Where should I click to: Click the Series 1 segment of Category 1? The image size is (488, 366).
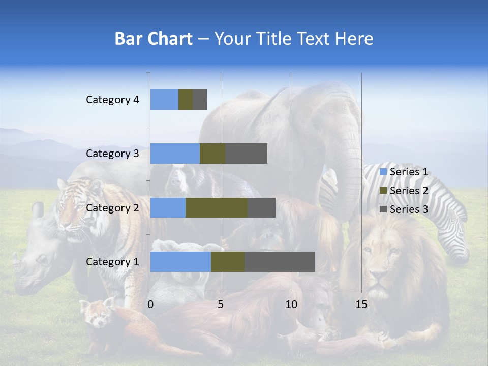(x=180, y=262)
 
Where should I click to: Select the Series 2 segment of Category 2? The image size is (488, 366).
(x=216, y=207)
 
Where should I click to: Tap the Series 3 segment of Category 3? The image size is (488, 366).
(x=246, y=154)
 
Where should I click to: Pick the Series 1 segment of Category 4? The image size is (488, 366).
(x=164, y=100)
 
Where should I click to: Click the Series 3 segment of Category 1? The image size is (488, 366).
(x=280, y=262)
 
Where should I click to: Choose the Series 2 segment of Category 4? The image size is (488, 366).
(x=185, y=100)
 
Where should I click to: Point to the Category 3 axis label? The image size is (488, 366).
(x=112, y=154)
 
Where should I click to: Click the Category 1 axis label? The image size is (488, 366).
(x=112, y=262)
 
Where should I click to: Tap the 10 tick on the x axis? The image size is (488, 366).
(x=291, y=304)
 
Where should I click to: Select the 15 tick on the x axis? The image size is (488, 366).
(x=361, y=304)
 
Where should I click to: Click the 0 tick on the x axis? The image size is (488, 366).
(x=150, y=304)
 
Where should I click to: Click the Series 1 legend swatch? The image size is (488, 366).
(x=383, y=172)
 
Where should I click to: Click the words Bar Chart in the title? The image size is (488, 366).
(x=153, y=39)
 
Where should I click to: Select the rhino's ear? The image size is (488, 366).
(x=38, y=209)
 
